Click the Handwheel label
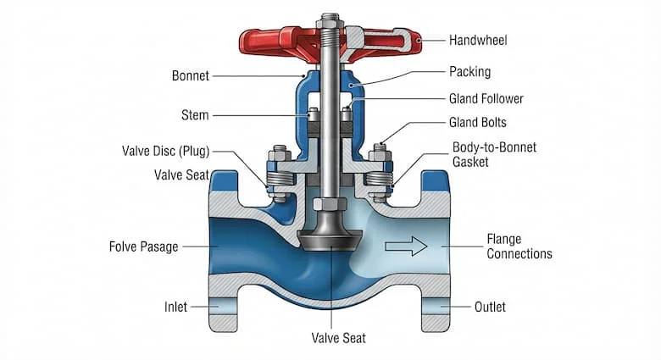point(478,41)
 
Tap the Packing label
point(469,72)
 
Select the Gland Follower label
point(486,98)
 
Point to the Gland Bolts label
point(478,122)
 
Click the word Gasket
point(470,162)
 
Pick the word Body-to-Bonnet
point(495,147)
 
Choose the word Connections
point(519,254)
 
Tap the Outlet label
point(490,307)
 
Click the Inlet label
point(175,307)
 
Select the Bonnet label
point(191,76)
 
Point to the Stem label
point(195,115)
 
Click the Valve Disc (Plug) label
point(165,151)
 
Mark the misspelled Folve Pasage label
point(144,246)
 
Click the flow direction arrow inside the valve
point(407,246)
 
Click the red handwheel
point(330,44)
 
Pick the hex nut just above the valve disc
point(330,204)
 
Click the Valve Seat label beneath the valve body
point(338,338)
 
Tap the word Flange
point(504,240)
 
